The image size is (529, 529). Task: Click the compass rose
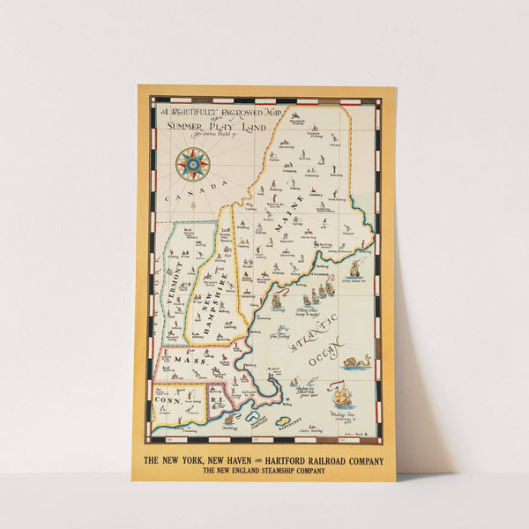(x=191, y=164)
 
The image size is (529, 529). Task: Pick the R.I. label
(x=216, y=401)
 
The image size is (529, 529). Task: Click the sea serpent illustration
(x=358, y=361)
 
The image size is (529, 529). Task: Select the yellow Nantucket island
(x=284, y=420)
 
